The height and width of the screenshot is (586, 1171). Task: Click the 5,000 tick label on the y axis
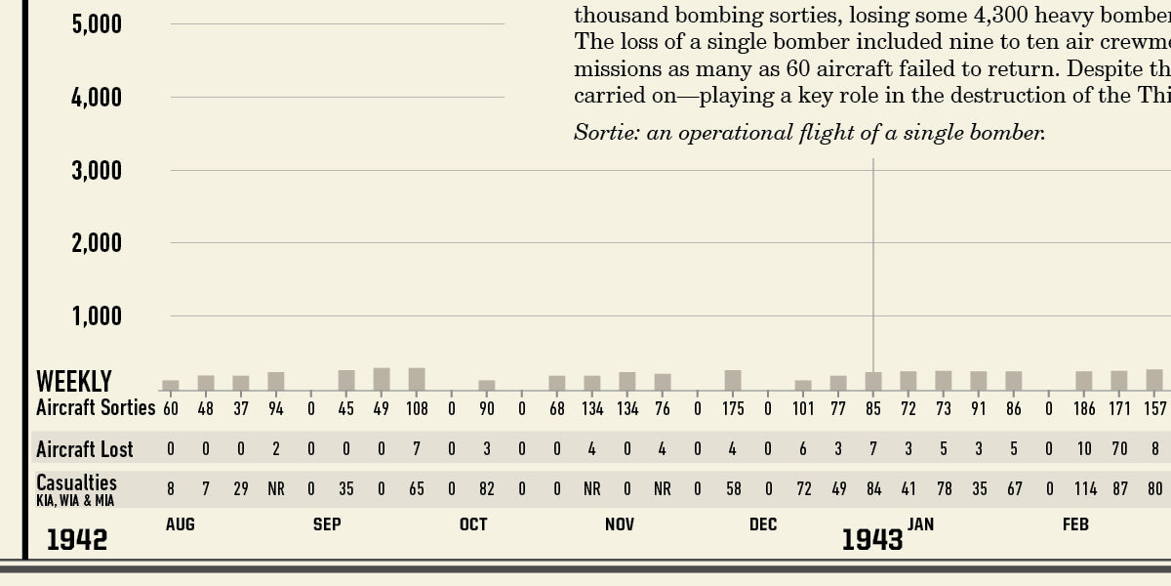click(x=97, y=23)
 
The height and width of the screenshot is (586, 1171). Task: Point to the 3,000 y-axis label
click(x=97, y=171)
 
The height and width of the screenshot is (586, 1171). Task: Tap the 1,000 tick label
click(x=97, y=316)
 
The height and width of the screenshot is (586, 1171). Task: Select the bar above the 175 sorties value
click(x=733, y=380)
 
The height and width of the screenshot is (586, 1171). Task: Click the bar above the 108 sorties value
click(x=417, y=379)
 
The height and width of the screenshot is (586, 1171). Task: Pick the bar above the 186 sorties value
click(x=1084, y=380)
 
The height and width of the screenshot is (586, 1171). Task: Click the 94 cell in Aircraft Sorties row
click(x=276, y=408)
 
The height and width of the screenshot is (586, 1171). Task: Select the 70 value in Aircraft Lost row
click(x=1119, y=449)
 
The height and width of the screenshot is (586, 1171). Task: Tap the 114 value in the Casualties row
click(x=1084, y=488)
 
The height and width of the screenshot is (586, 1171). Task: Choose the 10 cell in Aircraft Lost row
click(x=1084, y=449)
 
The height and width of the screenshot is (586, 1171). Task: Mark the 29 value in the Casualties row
click(x=241, y=488)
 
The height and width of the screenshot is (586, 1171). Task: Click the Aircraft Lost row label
click(x=85, y=449)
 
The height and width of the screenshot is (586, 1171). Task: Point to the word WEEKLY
click(x=74, y=381)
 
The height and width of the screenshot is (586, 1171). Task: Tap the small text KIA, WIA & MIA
click(x=75, y=500)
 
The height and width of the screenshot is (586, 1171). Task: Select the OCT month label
click(x=473, y=524)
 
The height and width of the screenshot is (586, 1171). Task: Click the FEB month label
click(x=1075, y=524)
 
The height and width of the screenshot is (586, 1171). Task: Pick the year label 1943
click(x=872, y=539)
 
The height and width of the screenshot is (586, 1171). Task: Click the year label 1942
click(x=77, y=539)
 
